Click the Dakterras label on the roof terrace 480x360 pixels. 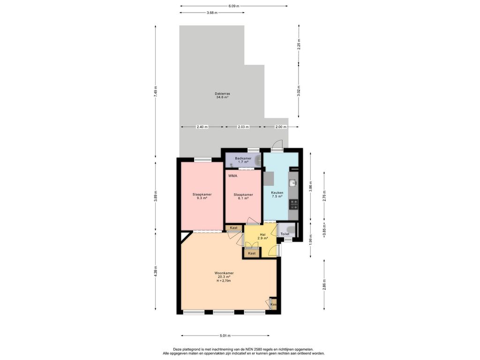coord(222,94)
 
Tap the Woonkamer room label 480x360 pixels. coord(224,273)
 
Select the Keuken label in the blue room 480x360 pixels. coord(277,193)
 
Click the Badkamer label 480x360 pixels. coord(243,158)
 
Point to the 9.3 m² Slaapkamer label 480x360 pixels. coord(202,195)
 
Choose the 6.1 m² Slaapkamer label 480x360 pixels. coord(243,195)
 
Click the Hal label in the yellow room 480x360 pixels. coord(262,234)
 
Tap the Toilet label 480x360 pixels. coord(285,234)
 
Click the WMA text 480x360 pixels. coord(232,176)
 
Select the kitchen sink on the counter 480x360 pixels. coord(293,183)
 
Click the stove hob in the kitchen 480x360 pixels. coord(293,204)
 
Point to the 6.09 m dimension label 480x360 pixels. coord(234,6)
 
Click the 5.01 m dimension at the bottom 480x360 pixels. coord(225,336)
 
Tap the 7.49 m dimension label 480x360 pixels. coord(156,91)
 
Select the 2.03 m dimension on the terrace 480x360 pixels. coord(243,127)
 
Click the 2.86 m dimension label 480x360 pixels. coord(324,285)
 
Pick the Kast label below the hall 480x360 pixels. coord(252,254)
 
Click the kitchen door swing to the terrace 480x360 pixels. coord(278,144)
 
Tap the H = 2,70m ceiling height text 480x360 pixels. coord(224,281)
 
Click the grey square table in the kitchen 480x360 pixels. coord(269,179)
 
